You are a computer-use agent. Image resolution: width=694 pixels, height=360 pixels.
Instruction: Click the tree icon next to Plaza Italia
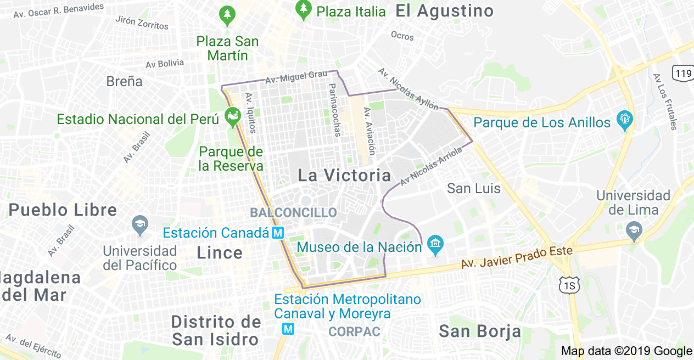tap(303, 8)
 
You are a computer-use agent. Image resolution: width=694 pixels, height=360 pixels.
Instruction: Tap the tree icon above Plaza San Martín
tap(226, 16)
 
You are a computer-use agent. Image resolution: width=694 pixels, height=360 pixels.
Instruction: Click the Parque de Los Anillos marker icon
tap(625, 120)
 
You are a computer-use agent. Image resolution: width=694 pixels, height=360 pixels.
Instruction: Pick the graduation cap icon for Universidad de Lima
tap(634, 231)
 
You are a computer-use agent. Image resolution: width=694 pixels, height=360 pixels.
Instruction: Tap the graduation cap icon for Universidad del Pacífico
tap(140, 224)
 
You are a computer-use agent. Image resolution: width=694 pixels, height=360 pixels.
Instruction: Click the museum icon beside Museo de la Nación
tap(435, 245)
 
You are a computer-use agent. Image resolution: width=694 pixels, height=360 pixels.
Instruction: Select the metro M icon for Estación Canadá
tap(278, 233)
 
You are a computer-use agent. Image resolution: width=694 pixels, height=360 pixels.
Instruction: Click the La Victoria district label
tap(344, 176)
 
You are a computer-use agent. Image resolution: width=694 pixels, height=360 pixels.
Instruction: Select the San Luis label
tap(473, 189)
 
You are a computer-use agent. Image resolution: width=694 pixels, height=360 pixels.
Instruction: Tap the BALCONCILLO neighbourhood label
tap(293, 212)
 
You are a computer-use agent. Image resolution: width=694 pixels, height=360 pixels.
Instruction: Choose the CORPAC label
tap(354, 332)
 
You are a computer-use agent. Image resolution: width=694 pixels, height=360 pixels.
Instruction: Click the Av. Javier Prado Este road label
tap(517, 257)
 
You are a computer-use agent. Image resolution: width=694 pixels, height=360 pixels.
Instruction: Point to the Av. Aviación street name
tap(368, 131)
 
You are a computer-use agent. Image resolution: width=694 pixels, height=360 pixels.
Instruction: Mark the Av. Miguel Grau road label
tap(296, 77)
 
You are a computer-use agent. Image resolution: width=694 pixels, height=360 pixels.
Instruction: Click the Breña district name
tap(124, 82)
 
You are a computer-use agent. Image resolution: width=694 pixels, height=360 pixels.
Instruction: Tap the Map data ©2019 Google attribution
tap(626, 351)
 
